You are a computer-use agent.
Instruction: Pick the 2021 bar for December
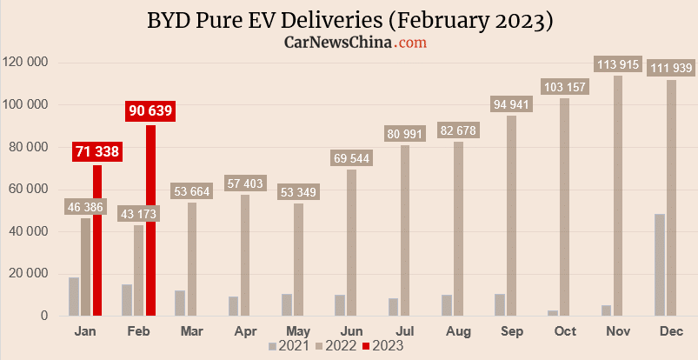click(x=660, y=265)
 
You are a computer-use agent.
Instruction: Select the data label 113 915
click(x=617, y=63)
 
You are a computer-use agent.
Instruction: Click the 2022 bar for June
click(x=351, y=243)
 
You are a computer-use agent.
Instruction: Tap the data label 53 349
click(x=298, y=191)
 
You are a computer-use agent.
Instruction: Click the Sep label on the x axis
click(x=511, y=331)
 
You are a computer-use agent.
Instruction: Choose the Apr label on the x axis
click(x=246, y=331)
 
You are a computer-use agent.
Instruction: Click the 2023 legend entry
click(x=382, y=345)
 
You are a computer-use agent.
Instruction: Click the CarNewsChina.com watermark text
click(x=355, y=42)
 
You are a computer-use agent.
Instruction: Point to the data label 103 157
click(x=564, y=86)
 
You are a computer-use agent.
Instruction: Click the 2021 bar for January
click(x=74, y=297)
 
